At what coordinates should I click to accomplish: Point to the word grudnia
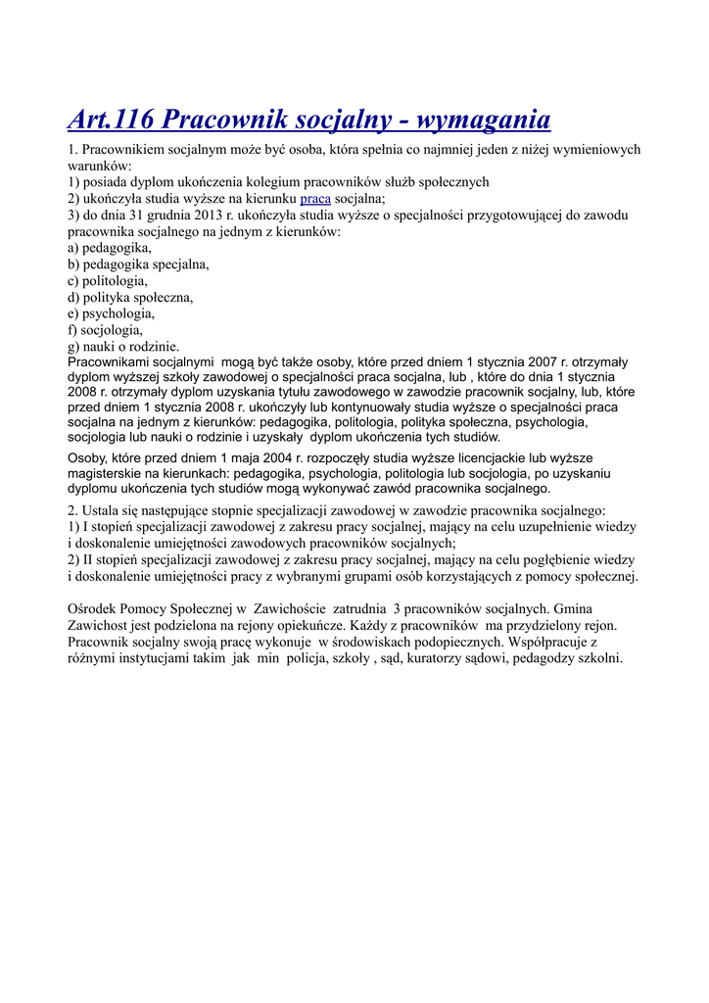pos(149,215)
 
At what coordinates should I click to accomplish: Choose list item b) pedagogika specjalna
pos(138,264)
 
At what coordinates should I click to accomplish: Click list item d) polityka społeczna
pos(130,297)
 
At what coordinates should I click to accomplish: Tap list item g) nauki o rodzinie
pos(123,346)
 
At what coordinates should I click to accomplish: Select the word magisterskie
pos(107,473)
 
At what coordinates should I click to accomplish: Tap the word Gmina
pos(573,608)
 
